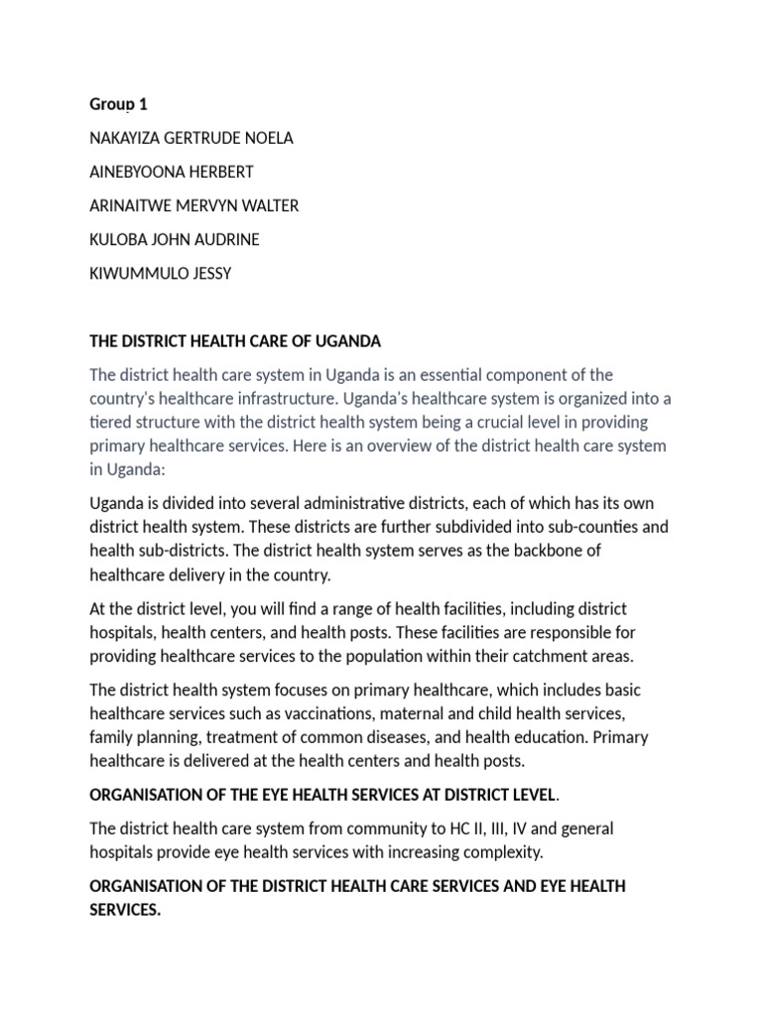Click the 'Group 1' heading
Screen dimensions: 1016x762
118,103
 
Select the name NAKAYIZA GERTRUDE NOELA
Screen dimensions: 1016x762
191,138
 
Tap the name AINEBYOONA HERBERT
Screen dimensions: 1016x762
172,172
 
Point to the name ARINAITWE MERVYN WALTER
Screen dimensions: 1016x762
193,205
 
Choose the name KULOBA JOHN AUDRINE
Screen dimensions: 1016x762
175,239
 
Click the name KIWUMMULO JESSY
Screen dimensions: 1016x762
160,273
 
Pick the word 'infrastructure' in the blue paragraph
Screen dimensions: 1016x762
270,398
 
